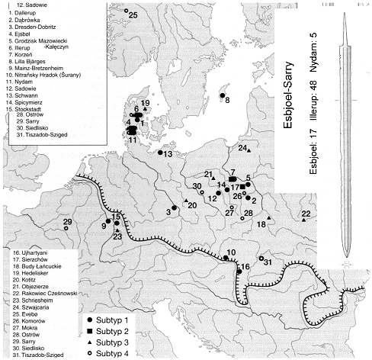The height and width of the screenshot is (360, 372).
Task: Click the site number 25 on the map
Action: [133, 14]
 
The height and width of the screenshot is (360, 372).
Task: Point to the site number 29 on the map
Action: [67, 222]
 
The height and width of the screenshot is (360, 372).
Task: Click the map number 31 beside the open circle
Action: [268, 262]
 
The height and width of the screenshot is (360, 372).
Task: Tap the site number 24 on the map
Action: [242, 147]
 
